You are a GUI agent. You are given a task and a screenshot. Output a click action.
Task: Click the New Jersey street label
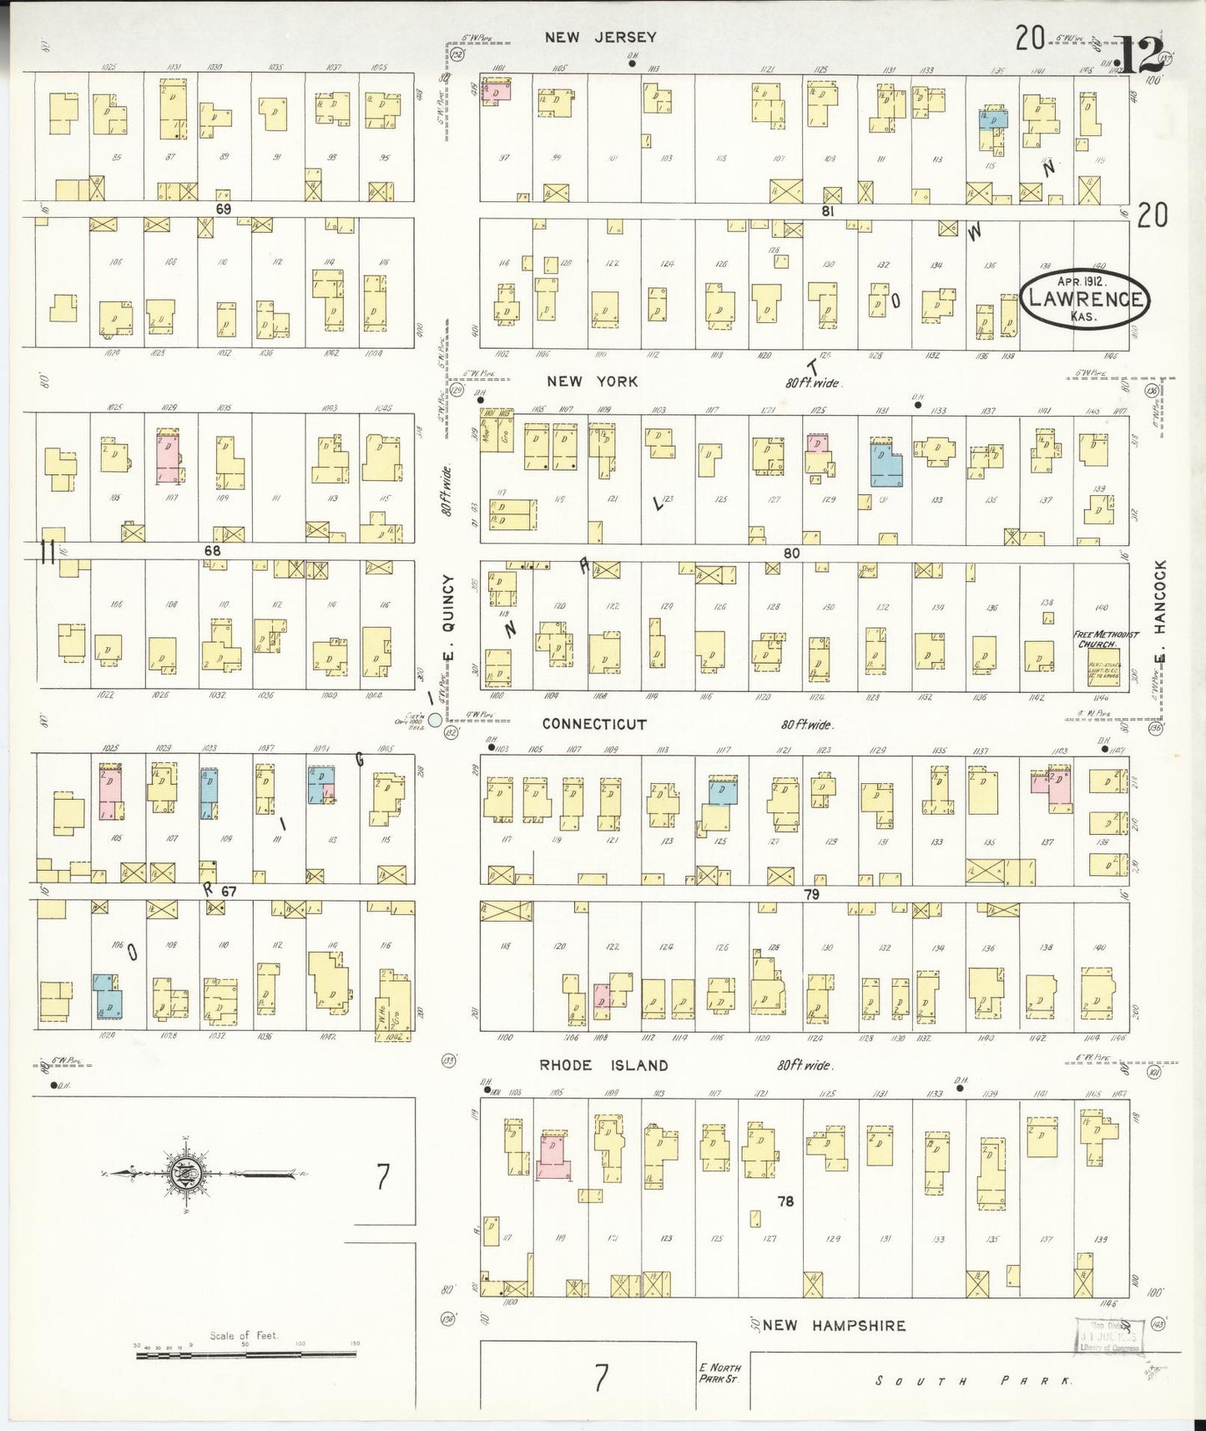600,37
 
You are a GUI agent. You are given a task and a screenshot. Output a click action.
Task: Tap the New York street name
592,382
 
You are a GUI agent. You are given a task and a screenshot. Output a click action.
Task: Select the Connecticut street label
594,724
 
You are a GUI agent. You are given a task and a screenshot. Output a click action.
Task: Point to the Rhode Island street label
603,1065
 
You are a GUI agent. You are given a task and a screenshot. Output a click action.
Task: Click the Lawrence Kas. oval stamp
1084,298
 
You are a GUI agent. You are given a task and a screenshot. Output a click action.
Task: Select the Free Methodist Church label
1105,640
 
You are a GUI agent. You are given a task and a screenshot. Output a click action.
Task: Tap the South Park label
972,1381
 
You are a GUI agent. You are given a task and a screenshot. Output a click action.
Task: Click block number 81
827,212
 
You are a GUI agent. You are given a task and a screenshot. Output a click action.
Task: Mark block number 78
785,1201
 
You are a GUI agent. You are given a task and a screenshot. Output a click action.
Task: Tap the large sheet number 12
1138,56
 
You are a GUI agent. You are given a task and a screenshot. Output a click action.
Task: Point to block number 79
811,894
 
